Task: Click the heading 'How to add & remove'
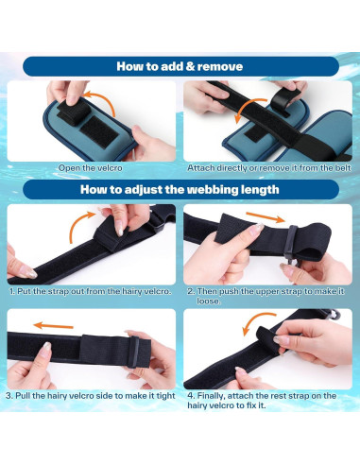pos(180,66)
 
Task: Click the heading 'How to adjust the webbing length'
pos(180,190)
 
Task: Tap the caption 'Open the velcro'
pos(91,168)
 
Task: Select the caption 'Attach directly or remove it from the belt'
pos(269,168)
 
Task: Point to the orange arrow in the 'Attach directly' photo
pos(249,107)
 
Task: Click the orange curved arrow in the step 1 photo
pos(76,224)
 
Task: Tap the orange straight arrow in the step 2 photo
pos(266,217)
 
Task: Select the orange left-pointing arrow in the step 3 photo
pos(53,326)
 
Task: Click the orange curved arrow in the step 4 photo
pos(257,319)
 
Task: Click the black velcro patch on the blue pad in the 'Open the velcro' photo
pos(99,131)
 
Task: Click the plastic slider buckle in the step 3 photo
pos(133,353)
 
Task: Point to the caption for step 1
pos(91,291)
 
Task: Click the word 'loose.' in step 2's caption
pos(209,301)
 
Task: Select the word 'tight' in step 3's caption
pos(165,396)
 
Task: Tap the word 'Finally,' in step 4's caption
pos(211,396)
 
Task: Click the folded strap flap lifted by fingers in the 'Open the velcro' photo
pos(73,112)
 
